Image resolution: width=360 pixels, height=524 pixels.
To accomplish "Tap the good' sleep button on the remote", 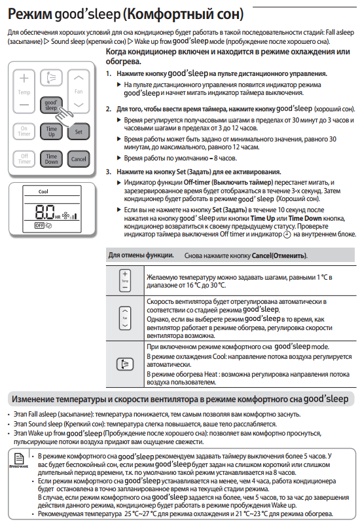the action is click(x=51, y=105).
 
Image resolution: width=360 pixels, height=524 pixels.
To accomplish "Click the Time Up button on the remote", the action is click(x=51, y=132).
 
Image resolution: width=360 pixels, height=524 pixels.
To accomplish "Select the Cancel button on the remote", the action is click(x=79, y=159).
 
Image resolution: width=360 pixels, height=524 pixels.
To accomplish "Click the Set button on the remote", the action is click(x=79, y=132).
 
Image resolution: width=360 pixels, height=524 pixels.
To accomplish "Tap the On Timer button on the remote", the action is click(x=24, y=131).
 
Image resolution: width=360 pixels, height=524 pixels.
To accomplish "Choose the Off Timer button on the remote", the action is click(x=24, y=159).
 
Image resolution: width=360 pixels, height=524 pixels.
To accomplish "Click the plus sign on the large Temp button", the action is click(x=24, y=78).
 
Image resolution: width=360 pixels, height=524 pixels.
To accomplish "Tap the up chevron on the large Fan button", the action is click(x=79, y=78).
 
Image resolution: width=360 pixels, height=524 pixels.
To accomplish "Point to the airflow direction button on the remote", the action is click(x=51, y=78).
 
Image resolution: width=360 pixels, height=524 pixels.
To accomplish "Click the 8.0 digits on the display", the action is click(x=45, y=212).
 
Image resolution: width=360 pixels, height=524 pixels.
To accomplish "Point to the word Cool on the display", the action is click(x=43, y=191).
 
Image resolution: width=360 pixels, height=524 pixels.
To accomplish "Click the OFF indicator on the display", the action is click(x=39, y=225).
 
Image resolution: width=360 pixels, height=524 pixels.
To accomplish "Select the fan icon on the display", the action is click(x=65, y=215).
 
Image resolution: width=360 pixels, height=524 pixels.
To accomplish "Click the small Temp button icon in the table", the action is click(x=125, y=281).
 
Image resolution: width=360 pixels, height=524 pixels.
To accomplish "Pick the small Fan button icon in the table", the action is click(x=125, y=318).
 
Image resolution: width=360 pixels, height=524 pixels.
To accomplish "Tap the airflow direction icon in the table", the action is click(x=125, y=364).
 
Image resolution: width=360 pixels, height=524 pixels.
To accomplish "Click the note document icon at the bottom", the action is click(x=19, y=458).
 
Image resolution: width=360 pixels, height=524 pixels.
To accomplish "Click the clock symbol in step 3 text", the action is click(x=287, y=235).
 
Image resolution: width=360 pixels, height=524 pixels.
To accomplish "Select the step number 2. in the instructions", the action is click(x=109, y=109).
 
